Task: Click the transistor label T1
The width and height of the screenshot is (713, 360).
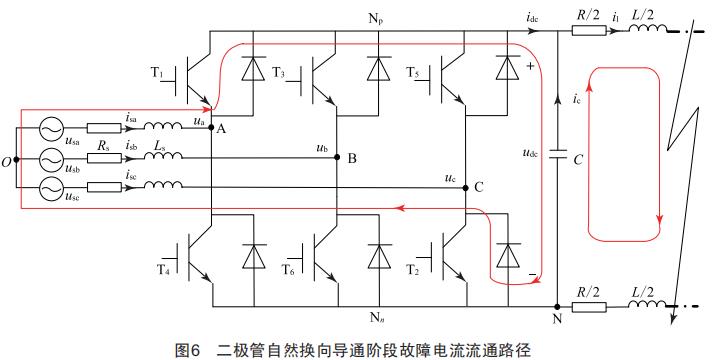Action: click(156, 73)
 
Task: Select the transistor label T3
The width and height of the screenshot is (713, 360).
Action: click(278, 73)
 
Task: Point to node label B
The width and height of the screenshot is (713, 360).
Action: click(351, 158)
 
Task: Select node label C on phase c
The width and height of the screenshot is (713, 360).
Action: click(479, 187)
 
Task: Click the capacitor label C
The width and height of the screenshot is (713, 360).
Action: click(578, 158)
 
